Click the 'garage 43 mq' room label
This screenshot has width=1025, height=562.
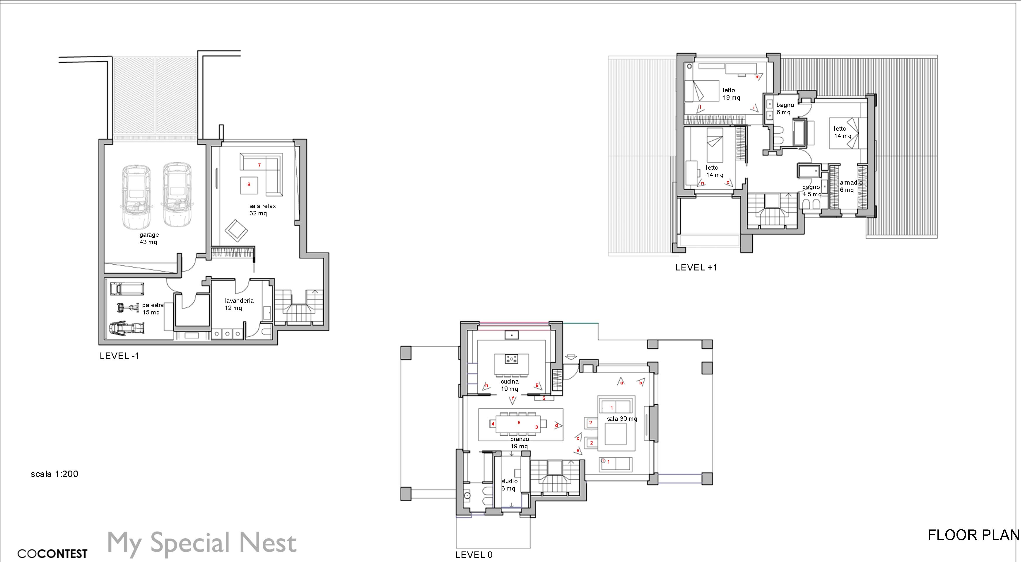pos(149,239)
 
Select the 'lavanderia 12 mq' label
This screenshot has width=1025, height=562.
pos(239,304)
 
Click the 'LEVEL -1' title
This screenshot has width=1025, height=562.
pos(119,356)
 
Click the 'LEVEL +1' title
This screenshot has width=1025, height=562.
pos(696,268)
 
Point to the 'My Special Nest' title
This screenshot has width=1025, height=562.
pos(202,542)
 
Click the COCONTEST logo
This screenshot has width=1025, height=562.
pos(52,554)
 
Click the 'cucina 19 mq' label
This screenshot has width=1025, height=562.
pos(510,385)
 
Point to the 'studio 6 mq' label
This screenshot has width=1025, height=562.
pos(509,485)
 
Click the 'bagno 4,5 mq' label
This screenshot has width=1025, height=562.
pos(811,191)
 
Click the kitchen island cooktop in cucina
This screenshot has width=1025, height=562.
pos(511,360)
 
